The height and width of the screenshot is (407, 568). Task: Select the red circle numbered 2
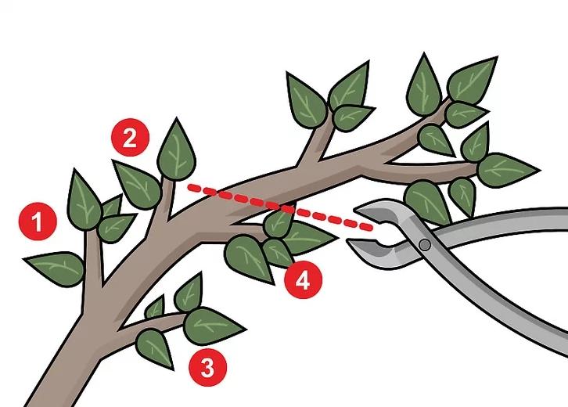[129, 139]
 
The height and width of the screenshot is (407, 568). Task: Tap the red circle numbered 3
[207, 367]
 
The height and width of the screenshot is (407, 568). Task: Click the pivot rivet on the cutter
[424, 245]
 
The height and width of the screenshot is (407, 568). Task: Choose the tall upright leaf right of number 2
[176, 150]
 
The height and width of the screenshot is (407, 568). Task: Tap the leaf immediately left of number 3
[154, 348]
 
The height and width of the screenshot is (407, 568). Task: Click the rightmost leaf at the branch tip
[507, 169]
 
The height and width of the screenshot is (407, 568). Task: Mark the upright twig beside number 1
[95, 258]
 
